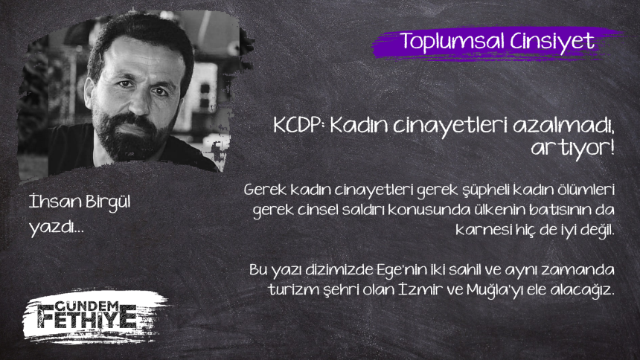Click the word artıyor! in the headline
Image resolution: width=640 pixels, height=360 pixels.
[572, 148]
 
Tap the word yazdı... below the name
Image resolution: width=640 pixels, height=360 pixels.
[57, 227]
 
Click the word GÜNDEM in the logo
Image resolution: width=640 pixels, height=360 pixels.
[86, 306]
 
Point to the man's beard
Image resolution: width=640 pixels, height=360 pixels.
[129, 137]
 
